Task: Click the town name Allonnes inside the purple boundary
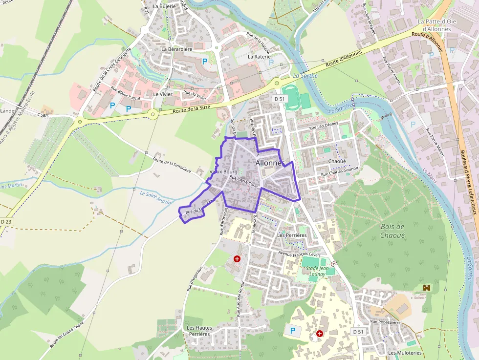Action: tap(270, 163)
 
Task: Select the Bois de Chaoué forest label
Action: tap(392, 231)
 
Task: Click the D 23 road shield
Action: tap(6, 222)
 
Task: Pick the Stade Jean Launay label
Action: tap(317, 271)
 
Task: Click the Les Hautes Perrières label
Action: tap(198, 331)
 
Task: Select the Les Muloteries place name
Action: tap(405, 353)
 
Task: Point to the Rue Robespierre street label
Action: tap(385, 321)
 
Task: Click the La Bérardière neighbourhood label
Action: tap(176, 49)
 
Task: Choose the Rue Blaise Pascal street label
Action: tap(125, 93)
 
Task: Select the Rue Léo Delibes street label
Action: tap(324, 126)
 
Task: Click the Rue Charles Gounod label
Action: tap(340, 171)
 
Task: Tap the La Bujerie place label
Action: tap(164, 7)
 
